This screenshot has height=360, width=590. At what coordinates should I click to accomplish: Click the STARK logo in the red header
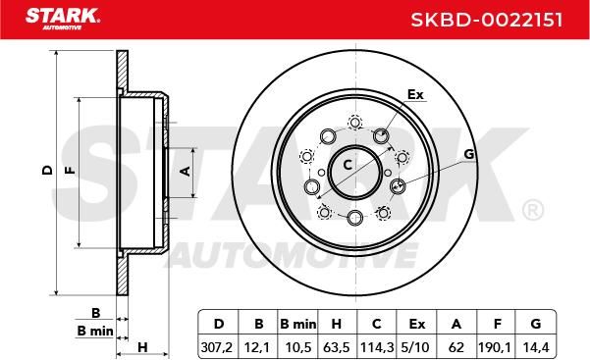click(x=63, y=19)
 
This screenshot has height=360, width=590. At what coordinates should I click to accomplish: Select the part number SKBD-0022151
click(x=487, y=20)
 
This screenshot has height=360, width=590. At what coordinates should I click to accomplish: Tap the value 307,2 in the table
click(x=217, y=347)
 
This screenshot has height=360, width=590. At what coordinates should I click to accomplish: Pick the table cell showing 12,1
click(x=257, y=347)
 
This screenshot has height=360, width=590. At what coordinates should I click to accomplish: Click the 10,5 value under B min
click(x=298, y=347)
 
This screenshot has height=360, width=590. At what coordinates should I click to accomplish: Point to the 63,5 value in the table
click(x=337, y=347)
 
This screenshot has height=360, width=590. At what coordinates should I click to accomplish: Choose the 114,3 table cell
click(x=377, y=347)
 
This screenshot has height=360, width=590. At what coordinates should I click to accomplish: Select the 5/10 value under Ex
click(x=415, y=347)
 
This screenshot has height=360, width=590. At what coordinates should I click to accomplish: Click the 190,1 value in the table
click(x=495, y=347)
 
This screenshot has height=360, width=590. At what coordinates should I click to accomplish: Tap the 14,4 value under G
click(x=536, y=347)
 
